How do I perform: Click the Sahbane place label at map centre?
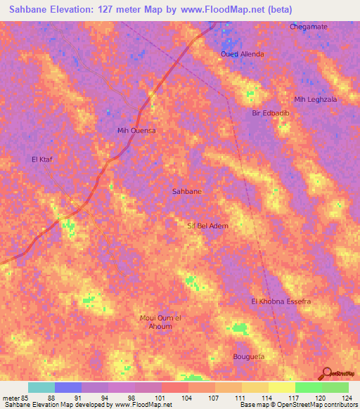(x=186, y=191)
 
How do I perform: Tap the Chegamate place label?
(x=309, y=27)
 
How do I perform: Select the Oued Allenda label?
(x=242, y=54)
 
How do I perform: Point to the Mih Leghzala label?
(x=316, y=99)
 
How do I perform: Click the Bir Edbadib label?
(x=271, y=112)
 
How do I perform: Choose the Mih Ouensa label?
(x=136, y=131)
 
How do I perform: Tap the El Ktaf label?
(x=43, y=160)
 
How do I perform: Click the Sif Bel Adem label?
(x=207, y=226)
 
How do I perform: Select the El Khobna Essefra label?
(x=281, y=301)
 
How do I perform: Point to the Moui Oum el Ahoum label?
(x=160, y=322)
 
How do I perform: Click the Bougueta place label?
(x=248, y=357)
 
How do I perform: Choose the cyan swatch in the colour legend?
(x=41, y=387)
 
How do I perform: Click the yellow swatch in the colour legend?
(x=281, y=387)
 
